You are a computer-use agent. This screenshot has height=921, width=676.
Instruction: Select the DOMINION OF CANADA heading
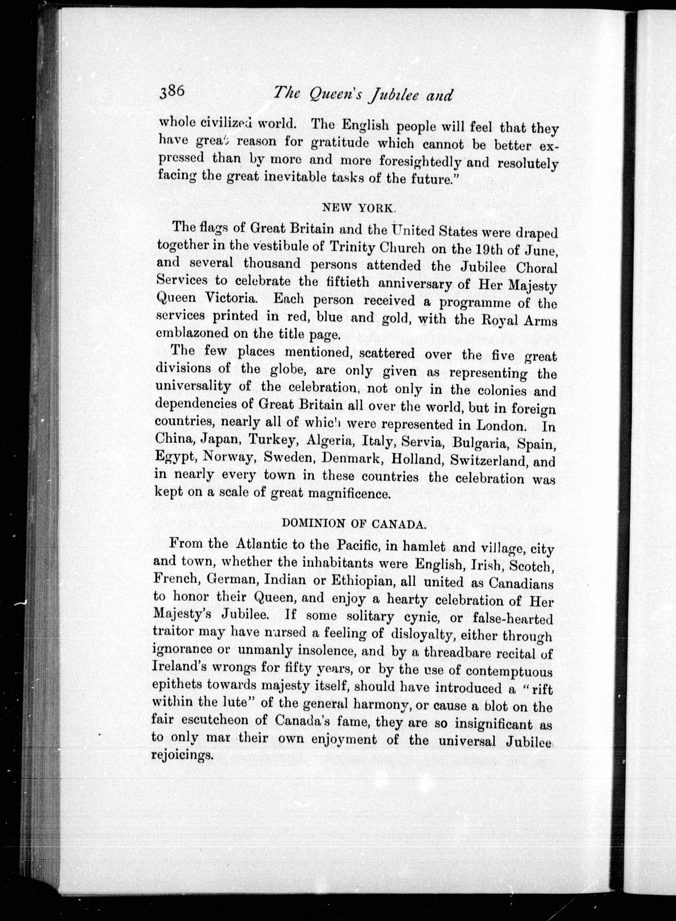[x=355, y=524]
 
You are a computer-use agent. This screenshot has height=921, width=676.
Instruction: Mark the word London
[x=501, y=425]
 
